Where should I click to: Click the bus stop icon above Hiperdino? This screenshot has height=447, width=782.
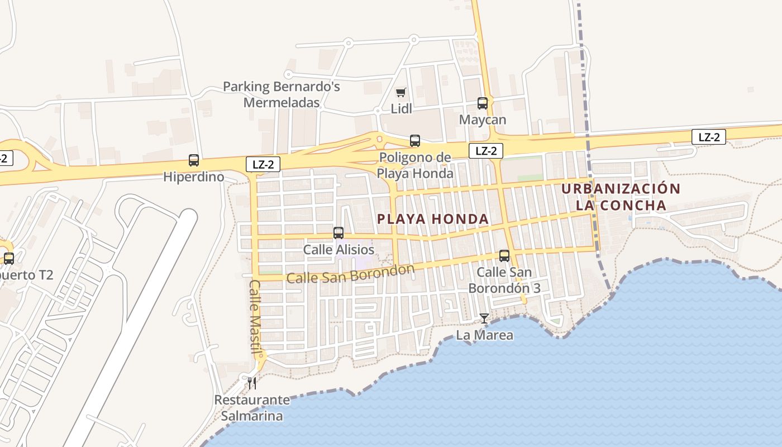194,160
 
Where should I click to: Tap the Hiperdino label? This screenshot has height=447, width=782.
193,177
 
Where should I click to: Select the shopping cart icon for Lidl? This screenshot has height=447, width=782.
400,93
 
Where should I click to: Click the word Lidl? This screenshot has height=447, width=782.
401,109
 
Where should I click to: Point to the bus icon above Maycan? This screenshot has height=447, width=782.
482,103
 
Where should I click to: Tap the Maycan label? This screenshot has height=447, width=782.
482,120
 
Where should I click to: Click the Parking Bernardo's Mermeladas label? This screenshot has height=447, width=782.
282,94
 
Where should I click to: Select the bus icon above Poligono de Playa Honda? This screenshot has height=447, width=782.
414,141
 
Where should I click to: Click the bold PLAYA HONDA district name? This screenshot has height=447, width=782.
433,219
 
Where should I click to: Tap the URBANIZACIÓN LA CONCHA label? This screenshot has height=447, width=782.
621,197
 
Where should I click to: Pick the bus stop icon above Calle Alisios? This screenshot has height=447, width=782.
338,233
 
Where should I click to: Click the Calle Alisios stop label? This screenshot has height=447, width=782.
338,250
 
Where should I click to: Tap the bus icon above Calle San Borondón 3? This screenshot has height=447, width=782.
504,256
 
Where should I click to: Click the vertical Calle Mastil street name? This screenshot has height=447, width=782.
255,317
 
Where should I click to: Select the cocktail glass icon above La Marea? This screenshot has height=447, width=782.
484,318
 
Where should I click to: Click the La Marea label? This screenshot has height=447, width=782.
484,335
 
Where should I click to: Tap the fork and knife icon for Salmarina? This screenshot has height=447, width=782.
252,383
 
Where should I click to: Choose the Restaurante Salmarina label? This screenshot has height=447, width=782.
252,408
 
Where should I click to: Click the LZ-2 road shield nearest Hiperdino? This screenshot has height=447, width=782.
263,164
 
